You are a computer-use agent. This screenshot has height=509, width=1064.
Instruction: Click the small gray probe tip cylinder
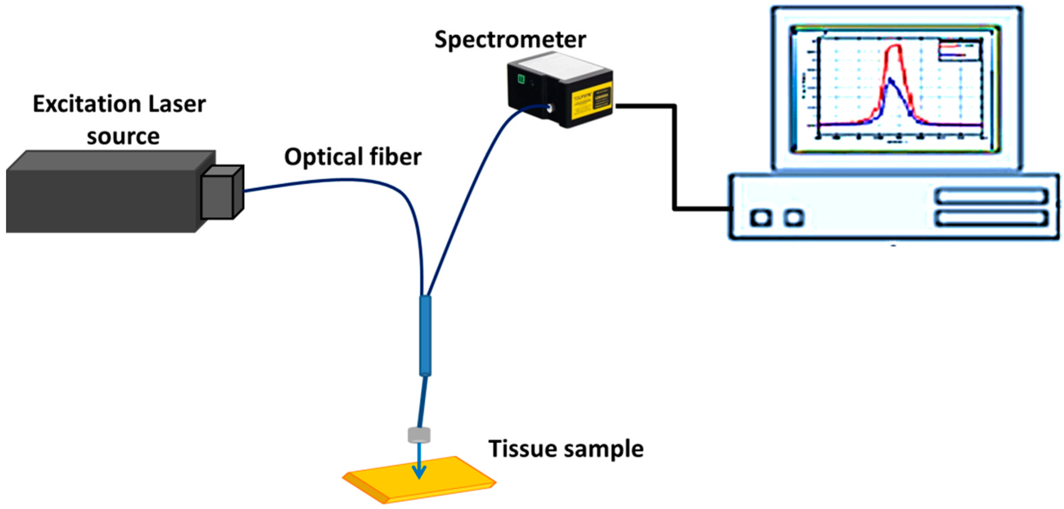(419, 435)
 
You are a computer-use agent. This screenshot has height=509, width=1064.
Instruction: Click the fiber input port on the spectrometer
(550, 109)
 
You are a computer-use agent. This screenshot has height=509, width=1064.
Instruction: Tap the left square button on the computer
(761, 217)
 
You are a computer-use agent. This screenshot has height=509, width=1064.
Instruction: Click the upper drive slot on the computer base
(991, 196)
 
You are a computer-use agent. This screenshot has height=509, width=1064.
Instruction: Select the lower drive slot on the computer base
(991, 217)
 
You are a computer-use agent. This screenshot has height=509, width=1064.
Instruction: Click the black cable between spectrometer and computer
(675, 157)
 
